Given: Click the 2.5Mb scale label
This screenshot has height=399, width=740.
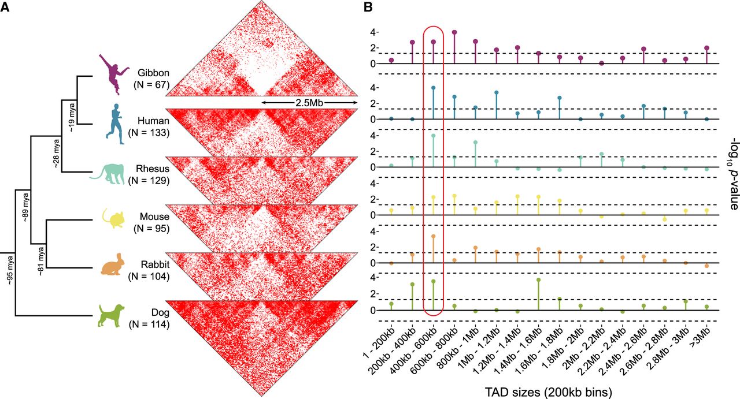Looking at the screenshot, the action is (x=309, y=103).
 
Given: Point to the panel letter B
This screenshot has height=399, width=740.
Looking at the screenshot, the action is (x=368, y=7).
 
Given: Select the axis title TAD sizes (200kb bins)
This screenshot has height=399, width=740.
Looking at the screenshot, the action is (x=549, y=393).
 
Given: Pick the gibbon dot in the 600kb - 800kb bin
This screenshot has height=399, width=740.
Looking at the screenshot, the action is (x=454, y=32).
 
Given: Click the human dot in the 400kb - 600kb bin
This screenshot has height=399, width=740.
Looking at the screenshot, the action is (x=433, y=88).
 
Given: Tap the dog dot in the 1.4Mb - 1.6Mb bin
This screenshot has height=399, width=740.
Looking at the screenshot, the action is (x=538, y=280).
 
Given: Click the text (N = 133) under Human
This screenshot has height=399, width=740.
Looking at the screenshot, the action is (x=149, y=133).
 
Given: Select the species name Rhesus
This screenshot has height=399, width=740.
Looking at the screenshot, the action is (x=153, y=169).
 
